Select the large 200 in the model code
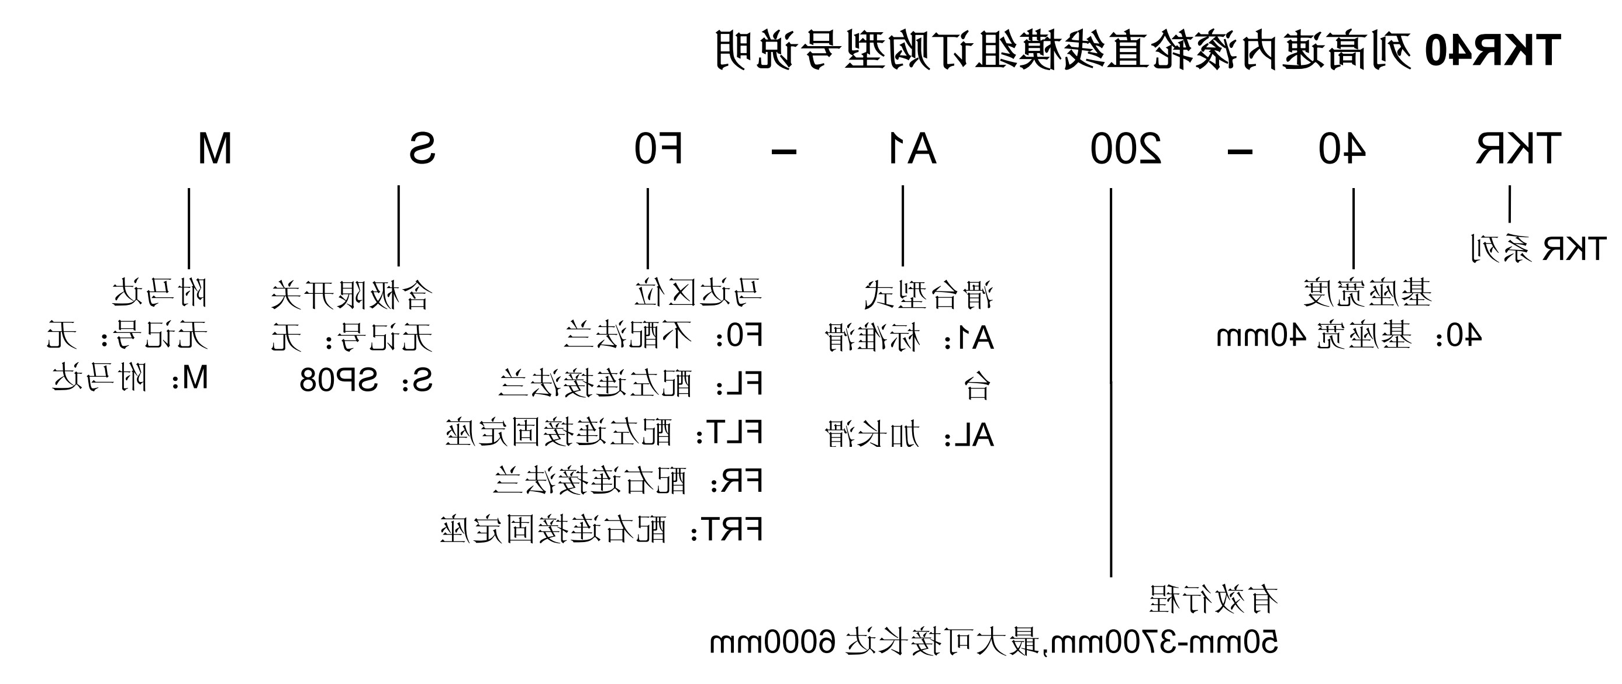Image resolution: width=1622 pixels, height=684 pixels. (x=1126, y=150)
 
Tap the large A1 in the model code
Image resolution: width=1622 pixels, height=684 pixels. (x=912, y=150)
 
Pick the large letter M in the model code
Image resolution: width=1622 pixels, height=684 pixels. (x=215, y=150)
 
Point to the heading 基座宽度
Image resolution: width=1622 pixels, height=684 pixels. (x=1367, y=293)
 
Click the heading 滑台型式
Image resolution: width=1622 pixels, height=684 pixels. (x=929, y=294)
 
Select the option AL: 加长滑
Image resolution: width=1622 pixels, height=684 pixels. (x=910, y=435)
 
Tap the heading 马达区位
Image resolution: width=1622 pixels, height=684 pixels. (x=698, y=293)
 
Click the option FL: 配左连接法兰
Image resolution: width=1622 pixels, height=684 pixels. (x=630, y=383)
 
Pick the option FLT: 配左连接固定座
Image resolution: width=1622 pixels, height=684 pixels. (x=604, y=432)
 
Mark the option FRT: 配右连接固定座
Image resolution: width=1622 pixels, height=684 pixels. (x=601, y=529)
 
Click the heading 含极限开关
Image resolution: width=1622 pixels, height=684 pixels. (x=352, y=294)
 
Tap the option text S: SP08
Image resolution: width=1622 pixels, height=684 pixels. (x=366, y=380)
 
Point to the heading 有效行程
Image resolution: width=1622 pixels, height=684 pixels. (x=1213, y=599)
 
